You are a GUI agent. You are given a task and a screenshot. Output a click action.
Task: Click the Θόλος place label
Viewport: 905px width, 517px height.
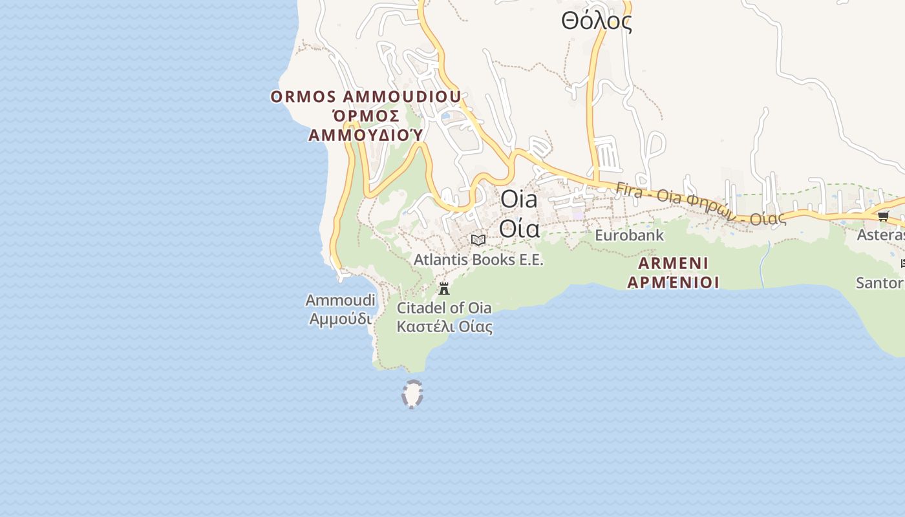596,21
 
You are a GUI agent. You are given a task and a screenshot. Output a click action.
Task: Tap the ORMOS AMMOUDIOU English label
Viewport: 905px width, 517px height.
366,97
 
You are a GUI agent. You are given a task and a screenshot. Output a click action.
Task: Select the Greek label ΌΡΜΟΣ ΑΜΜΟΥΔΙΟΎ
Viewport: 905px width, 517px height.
366,125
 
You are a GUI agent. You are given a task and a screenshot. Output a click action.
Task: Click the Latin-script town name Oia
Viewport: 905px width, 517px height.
519,199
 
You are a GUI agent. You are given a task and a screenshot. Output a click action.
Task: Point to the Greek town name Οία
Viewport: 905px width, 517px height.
519,227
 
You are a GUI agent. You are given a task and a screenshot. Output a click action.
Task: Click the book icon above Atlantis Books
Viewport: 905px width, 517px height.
478,240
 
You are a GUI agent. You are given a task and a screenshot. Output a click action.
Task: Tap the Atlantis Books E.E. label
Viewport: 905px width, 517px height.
478,260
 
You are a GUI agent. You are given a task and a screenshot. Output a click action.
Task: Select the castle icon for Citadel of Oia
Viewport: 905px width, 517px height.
443,288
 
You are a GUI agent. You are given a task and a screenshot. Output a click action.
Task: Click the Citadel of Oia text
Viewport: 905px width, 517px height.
444,308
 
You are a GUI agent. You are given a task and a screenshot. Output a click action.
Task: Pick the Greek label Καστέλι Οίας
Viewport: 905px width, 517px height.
444,326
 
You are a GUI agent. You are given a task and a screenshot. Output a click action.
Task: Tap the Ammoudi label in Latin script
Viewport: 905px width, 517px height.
340,301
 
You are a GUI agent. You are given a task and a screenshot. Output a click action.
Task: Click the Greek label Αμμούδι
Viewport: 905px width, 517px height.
340,319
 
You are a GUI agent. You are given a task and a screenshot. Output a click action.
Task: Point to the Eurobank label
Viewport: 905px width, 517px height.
629,235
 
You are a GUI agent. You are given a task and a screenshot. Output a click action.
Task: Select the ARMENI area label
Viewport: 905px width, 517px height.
673,263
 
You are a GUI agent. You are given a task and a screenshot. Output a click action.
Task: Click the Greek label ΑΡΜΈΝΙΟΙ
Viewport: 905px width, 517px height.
673,282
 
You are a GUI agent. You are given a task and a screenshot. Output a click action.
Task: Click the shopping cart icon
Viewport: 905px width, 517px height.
883,216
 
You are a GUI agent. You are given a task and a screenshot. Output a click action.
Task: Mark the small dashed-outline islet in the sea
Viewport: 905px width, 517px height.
412,394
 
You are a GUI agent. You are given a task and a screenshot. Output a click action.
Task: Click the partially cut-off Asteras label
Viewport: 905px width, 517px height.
880,235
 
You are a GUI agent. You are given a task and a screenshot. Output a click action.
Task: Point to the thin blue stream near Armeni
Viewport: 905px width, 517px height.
764,265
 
